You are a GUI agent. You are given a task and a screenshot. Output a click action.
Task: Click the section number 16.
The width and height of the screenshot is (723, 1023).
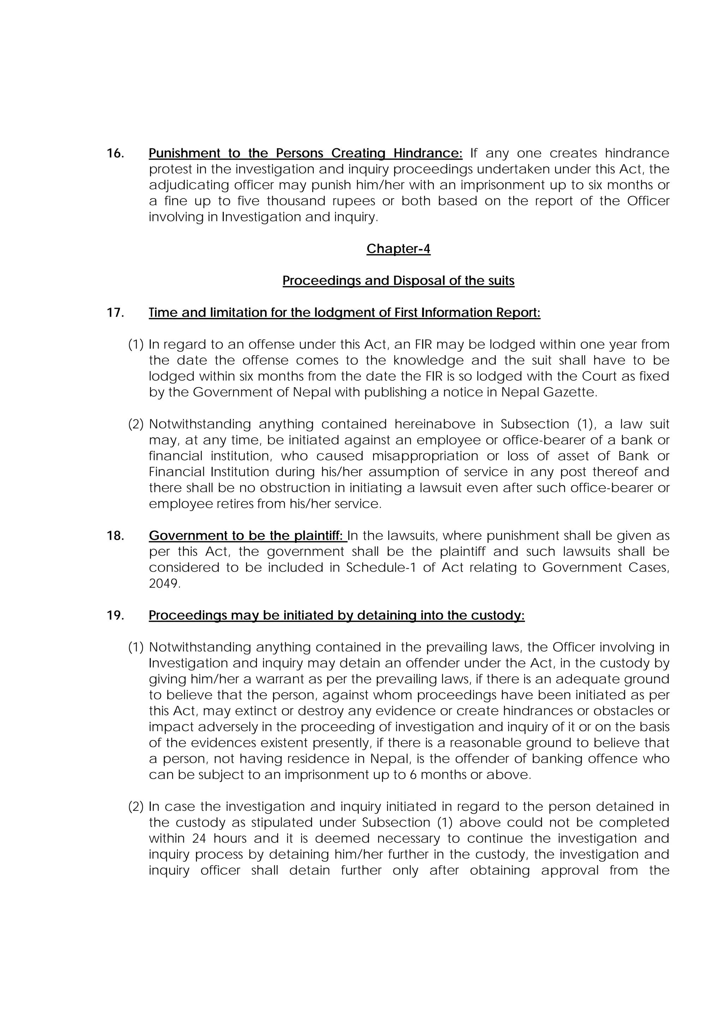(115, 153)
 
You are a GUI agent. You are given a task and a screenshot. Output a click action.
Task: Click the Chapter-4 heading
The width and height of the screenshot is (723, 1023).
(398, 249)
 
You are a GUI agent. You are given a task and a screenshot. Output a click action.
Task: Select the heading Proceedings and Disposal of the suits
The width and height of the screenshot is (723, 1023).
(398, 281)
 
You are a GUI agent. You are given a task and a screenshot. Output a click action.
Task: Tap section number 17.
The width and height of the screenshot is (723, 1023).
(115, 313)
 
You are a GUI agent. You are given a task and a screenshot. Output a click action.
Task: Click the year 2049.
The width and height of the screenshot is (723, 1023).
(164, 584)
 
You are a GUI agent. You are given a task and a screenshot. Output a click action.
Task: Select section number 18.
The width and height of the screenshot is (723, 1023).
(115, 536)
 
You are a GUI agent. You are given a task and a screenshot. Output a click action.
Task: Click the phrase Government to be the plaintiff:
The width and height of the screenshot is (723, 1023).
(248, 536)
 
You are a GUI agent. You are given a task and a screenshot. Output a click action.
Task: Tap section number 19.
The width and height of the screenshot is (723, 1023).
(115, 615)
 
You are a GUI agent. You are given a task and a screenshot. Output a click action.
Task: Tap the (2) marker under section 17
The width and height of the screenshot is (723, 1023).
(136, 424)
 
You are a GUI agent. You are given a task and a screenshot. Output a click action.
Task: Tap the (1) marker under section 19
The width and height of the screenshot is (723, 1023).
(136, 647)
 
